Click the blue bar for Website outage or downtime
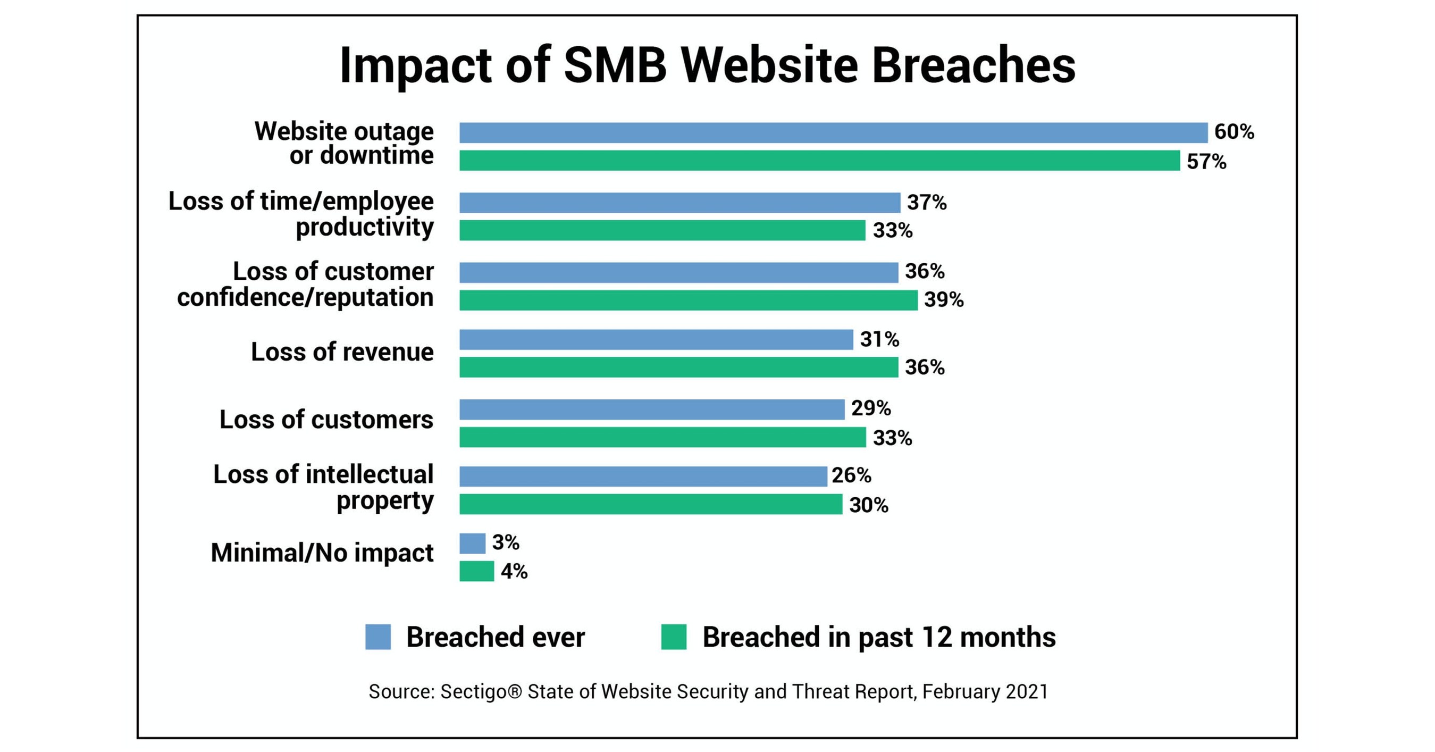tap(833, 132)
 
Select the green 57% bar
tap(819, 161)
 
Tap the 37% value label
tap(926, 202)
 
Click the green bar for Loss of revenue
tap(678, 367)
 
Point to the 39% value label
tap(944, 300)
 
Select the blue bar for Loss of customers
tap(652, 410)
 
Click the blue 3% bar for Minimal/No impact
tap(472, 543)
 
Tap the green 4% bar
tap(476, 571)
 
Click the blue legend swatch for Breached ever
tap(377, 637)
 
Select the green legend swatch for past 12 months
tap(674, 637)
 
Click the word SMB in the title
tap(615, 66)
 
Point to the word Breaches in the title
tap(973, 66)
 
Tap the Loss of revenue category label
tap(342, 352)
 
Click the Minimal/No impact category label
tap(322, 553)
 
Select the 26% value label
tap(851, 475)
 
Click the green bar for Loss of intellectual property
tap(651, 504)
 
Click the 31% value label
tap(879, 339)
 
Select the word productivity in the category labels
tap(364, 227)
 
